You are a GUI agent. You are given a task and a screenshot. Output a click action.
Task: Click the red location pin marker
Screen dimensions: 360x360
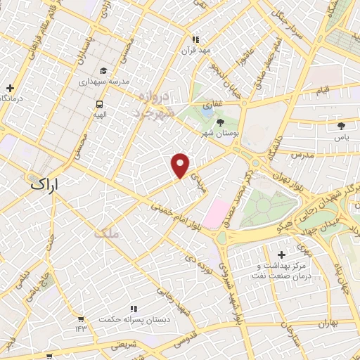tap(181, 165)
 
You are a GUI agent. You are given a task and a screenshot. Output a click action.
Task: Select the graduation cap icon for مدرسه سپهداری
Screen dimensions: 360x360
tap(104, 70)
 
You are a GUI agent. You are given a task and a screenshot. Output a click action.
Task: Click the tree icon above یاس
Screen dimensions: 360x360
tap(342, 126)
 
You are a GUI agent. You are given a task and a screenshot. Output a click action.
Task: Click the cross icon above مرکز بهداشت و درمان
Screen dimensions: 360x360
tap(282, 254)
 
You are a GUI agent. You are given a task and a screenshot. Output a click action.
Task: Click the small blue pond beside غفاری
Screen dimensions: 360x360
tap(206, 110)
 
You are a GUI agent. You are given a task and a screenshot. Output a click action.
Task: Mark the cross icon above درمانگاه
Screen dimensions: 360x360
tap(10, 88)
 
